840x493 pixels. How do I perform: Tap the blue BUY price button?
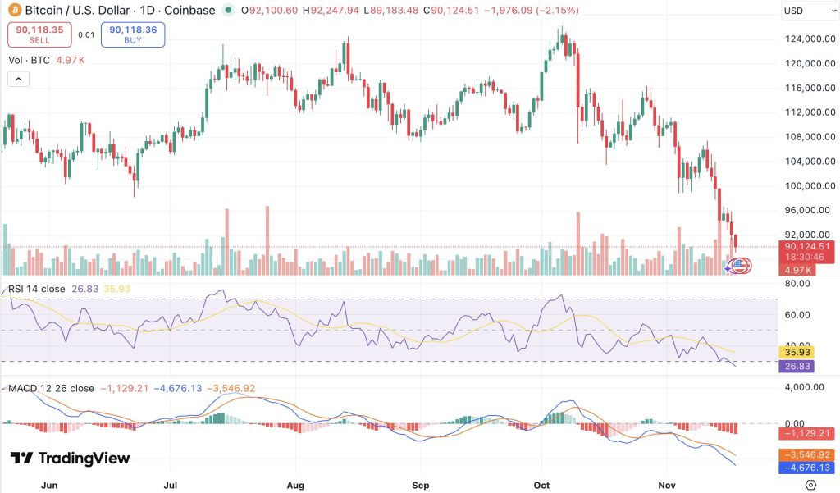(x=132, y=34)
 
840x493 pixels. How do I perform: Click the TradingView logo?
(x=70, y=459)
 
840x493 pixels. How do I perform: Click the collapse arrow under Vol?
(x=18, y=80)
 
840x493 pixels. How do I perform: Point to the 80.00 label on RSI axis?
(x=797, y=284)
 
